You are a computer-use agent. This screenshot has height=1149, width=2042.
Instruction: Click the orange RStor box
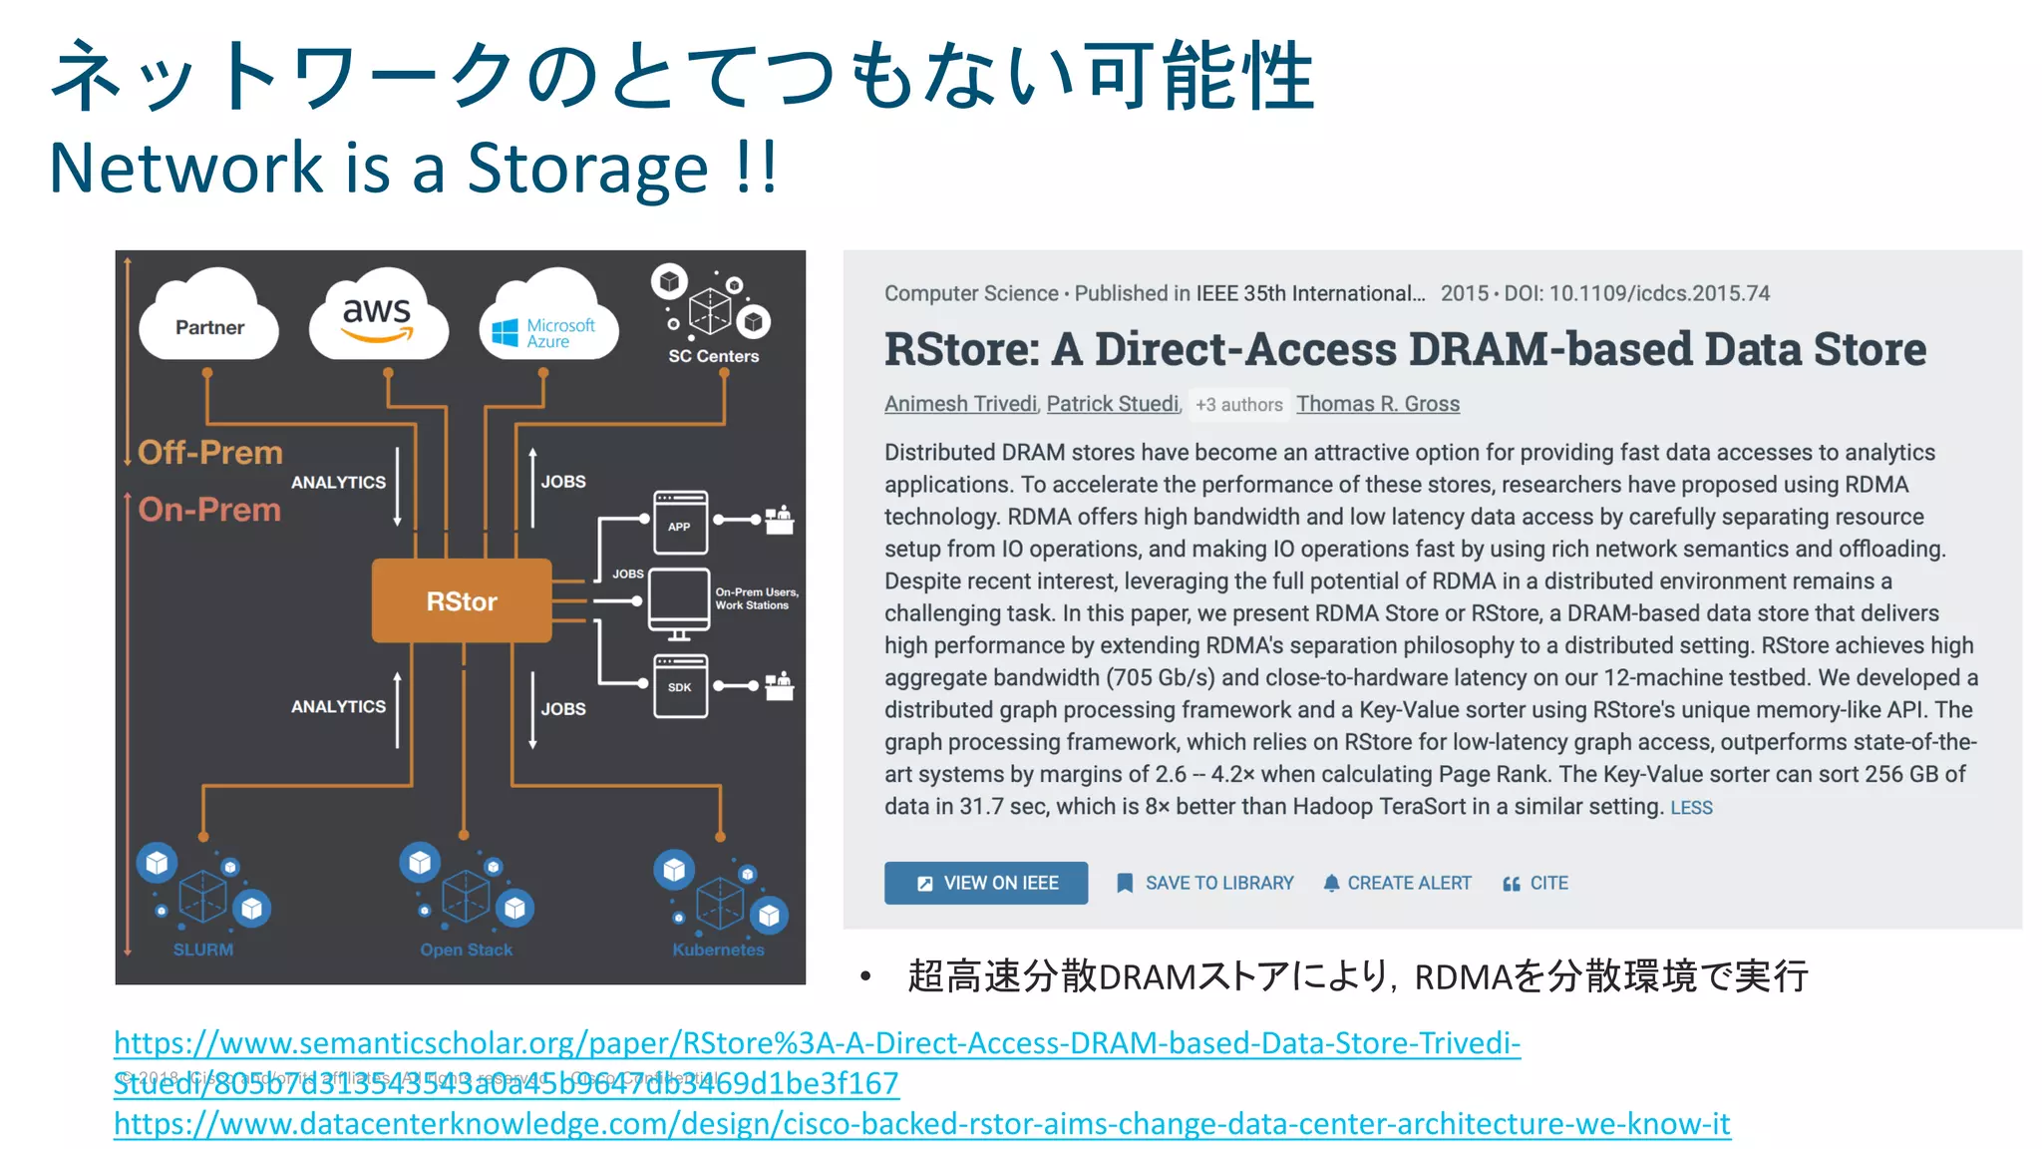tap(461, 600)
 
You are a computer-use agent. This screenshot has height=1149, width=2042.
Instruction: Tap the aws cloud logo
tap(377, 317)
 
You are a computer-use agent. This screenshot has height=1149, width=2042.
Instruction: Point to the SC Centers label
tap(713, 356)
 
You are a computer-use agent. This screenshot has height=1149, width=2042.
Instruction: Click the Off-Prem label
tap(210, 453)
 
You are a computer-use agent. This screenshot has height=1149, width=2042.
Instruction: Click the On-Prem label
tap(209, 510)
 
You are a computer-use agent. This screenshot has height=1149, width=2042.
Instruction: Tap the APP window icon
tap(680, 522)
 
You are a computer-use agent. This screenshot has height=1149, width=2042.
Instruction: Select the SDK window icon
tap(680, 686)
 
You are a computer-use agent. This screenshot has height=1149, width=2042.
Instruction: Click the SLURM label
tap(203, 950)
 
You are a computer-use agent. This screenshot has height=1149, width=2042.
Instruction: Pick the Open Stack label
tap(466, 950)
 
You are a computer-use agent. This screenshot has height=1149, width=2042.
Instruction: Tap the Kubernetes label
tap(718, 950)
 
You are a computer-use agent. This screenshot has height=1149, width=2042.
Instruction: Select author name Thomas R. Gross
tap(1377, 404)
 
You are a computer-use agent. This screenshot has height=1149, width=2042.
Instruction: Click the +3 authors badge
tap(1238, 405)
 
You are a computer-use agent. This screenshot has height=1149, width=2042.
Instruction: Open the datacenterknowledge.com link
tap(921, 1124)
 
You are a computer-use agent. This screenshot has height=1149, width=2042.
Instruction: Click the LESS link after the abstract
tap(1691, 808)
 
